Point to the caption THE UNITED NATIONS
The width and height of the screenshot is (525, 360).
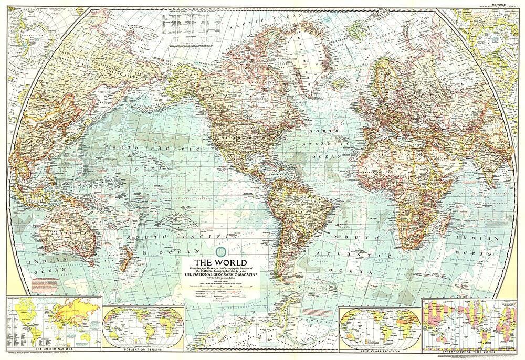pyautogui.click(x=51, y=348)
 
